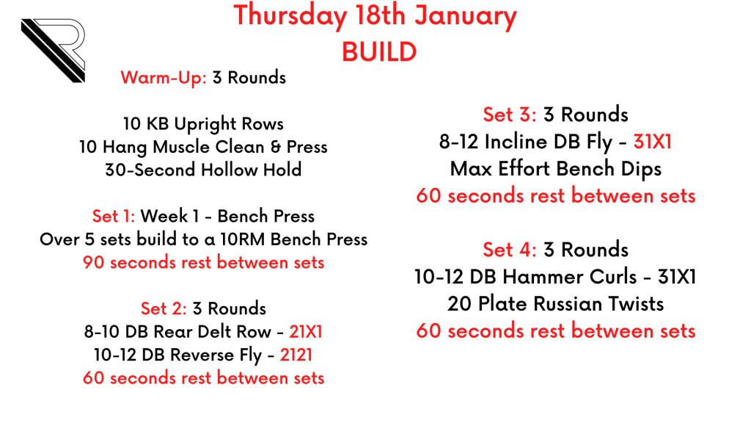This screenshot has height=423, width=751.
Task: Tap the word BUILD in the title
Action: point(379,52)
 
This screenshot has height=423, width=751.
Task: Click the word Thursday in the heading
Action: point(290,16)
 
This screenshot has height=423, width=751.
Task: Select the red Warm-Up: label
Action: point(164,78)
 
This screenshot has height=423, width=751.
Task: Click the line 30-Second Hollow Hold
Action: point(203,170)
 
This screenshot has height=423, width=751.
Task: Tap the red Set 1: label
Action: point(114,216)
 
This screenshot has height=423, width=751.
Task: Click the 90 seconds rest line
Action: point(204,262)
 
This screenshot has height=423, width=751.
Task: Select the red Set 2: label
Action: point(164,308)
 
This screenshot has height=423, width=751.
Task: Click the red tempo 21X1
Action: point(306,331)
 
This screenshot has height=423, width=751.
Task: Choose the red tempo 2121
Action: point(296,355)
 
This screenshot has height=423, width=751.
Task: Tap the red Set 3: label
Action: point(510,115)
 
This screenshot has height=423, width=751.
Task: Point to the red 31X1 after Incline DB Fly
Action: point(652,142)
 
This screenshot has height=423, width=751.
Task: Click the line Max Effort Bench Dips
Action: point(556,169)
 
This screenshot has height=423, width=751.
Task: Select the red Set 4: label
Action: point(510,250)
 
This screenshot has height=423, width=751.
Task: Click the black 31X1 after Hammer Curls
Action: point(677,277)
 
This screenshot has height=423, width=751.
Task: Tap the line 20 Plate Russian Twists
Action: point(556,303)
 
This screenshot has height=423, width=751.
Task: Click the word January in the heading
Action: point(466,16)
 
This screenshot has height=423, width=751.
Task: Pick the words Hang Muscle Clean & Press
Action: point(215,147)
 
